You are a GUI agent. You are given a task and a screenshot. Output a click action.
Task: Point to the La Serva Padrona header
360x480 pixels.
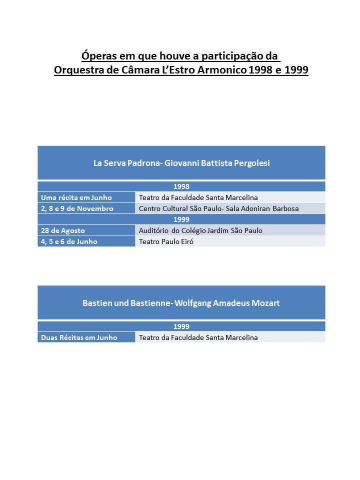point(181,163)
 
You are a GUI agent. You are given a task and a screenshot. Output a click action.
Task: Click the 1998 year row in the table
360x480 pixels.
point(181,186)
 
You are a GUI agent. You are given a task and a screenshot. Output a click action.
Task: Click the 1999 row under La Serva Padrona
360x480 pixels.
point(181,219)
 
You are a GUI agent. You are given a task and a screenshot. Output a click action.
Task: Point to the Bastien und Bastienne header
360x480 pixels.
point(181,303)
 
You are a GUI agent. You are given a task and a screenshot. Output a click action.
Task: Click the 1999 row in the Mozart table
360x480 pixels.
point(181,326)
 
